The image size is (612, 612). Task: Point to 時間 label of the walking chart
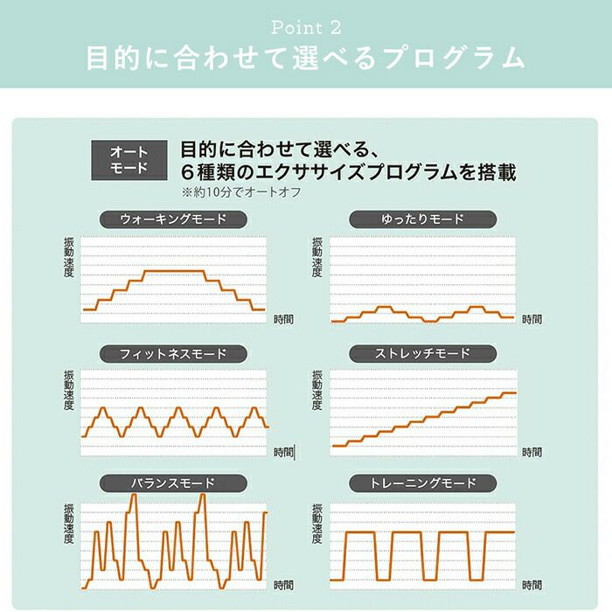point(284,319)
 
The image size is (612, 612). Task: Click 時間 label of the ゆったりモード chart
point(532,320)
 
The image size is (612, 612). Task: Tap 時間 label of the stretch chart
point(532,452)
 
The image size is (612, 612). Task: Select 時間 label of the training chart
point(532,583)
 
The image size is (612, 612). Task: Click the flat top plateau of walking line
point(175,272)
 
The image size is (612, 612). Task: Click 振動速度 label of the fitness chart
point(69,391)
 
